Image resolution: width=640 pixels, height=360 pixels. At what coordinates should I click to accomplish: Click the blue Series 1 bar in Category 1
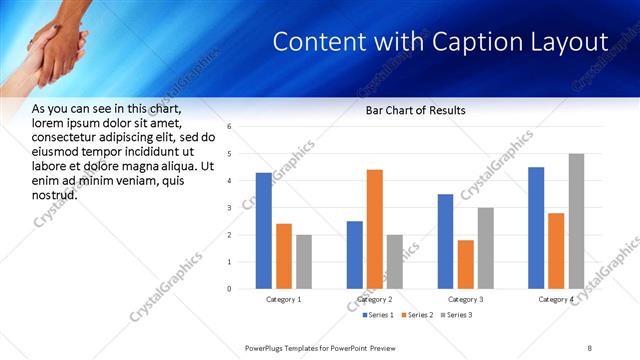point(264,231)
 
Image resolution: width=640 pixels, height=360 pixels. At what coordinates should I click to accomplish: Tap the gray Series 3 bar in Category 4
point(576,221)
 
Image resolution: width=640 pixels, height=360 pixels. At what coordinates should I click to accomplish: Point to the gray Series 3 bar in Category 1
point(304,262)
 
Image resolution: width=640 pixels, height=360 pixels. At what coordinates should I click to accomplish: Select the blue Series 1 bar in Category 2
point(355,255)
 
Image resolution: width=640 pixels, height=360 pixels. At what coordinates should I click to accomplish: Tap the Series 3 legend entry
point(456,315)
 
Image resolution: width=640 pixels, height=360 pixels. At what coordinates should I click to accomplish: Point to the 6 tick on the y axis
point(230,127)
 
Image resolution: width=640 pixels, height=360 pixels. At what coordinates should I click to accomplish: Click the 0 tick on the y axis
point(230,289)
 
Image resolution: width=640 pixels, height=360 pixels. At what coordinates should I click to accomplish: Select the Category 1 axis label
point(284,299)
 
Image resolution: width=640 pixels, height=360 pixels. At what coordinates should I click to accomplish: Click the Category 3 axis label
point(465,299)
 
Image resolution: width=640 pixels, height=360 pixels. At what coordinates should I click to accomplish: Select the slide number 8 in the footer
point(589,347)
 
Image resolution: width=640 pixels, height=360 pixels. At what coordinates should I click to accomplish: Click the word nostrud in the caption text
point(55,193)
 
